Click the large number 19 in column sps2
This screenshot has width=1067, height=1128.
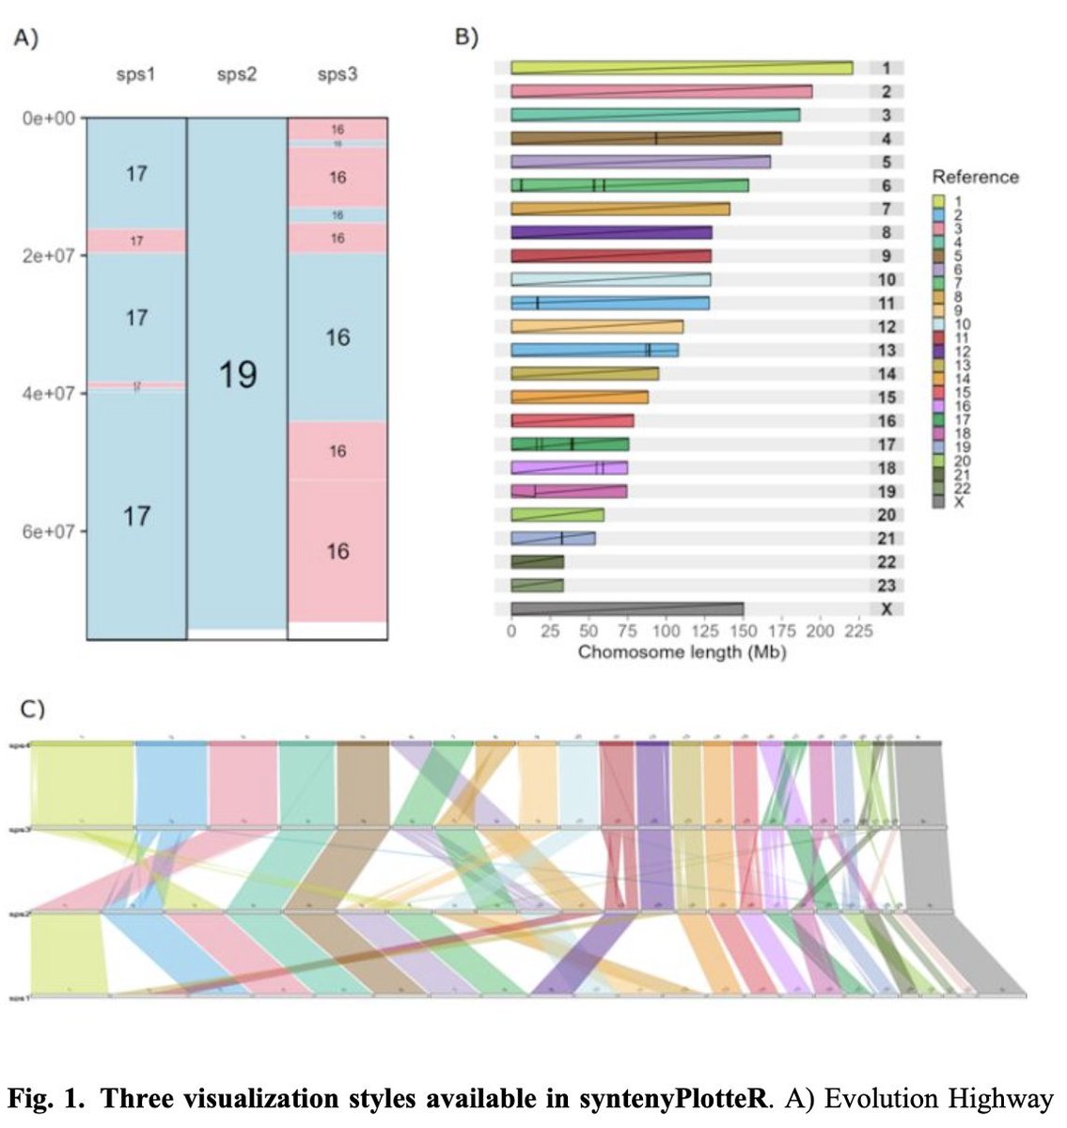click(237, 375)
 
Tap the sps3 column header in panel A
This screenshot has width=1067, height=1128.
click(337, 75)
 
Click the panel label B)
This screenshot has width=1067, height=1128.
click(467, 38)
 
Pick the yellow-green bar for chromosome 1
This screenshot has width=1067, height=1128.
click(682, 68)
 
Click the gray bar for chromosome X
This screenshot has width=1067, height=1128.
click(627, 609)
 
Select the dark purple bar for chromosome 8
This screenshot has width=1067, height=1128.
click(611, 232)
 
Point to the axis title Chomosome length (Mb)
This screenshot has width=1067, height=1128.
click(682, 651)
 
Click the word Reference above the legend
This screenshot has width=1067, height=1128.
click(975, 177)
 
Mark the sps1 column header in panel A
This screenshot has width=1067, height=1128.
click(136, 75)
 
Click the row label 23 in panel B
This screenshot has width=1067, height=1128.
click(886, 586)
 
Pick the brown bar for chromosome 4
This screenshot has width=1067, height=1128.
click(646, 138)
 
